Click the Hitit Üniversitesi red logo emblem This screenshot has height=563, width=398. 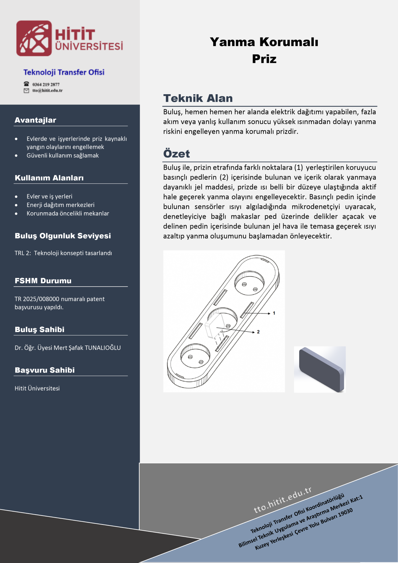pyautogui.click(x=34, y=38)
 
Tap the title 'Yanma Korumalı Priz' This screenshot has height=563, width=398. pyautogui.click(x=264, y=50)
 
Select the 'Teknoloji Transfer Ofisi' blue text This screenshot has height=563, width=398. pyautogui.click(x=64, y=72)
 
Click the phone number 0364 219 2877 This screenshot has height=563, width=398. pyautogui.click(x=46, y=84)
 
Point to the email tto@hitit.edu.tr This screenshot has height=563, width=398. pyautogui.click(x=47, y=91)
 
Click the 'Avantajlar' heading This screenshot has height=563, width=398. pyautogui.click(x=35, y=120)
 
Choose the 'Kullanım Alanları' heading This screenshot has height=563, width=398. pyautogui.click(x=49, y=178)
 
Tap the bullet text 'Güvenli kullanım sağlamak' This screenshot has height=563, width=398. pyautogui.click(x=63, y=155)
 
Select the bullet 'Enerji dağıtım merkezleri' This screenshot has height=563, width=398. pyautogui.click(x=60, y=205)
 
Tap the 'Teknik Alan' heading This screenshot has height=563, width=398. pyautogui.click(x=198, y=98)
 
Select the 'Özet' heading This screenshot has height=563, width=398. pyautogui.click(x=176, y=154)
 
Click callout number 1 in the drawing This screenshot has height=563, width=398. pyautogui.click(x=274, y=313)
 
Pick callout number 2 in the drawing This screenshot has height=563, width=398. pyautogui.click(x=258, y=332)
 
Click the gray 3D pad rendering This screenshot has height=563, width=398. pyautogui.click(x=320, y=369)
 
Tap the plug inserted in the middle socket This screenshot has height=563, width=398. pyautogui.click(x=214, y=325)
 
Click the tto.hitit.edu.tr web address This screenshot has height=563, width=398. pyautogui.click(x=283, y=500)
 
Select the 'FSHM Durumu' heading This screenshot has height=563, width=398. pyautogui.click(x=43, y=281)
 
